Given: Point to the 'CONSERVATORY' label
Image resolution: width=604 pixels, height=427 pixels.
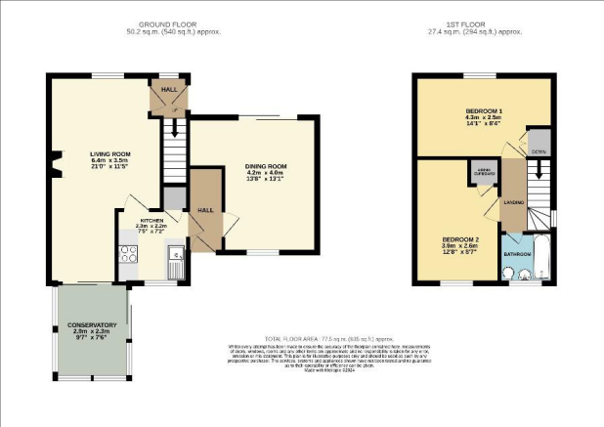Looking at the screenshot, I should coord(92,324).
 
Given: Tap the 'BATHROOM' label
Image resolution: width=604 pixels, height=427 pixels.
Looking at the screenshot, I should coord(517,253).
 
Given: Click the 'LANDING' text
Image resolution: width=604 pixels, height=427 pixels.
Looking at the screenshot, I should coord(514,202).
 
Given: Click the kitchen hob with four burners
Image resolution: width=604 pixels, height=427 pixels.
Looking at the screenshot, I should coord(129,254).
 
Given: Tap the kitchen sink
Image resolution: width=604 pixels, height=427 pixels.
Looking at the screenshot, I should coord(174,264).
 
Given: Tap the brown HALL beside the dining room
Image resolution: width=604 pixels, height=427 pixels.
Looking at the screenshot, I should coord(205,210).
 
